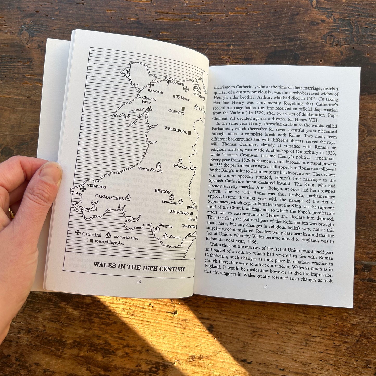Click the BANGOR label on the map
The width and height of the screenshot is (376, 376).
[155, 92]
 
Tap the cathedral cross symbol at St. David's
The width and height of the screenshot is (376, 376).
[83, 189]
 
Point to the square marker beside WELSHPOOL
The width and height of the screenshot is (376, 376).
[189, 133]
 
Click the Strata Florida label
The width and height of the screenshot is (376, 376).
[150, 170]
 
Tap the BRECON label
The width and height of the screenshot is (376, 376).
[163, 191]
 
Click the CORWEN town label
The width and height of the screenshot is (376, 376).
[176, 112]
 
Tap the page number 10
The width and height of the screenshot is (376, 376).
[139, 282]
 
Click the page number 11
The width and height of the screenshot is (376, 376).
[266, 287]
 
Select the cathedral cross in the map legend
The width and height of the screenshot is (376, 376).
[78, 233]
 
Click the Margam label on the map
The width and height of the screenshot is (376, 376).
[165, 226]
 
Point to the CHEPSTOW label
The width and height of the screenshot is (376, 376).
[188, 226]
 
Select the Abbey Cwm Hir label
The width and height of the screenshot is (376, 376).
[183, 167]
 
